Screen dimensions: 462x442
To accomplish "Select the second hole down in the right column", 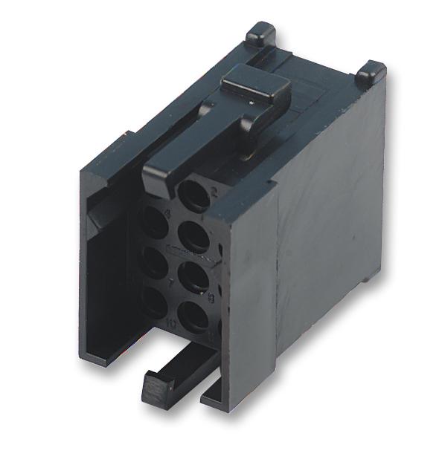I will (x=195, y=238).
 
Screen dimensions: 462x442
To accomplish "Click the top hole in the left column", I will (x=154, y=222).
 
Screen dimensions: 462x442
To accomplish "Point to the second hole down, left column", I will (x=153, y=262).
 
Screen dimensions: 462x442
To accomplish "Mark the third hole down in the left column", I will (x=154, y=301).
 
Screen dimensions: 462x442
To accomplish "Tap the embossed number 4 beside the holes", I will (x=168, y=215).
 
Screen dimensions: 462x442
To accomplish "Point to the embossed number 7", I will (x=173, y=283).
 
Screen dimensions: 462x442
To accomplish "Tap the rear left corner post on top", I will (x=260, y=33).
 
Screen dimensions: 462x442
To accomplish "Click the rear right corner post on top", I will (x=370, y=73).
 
